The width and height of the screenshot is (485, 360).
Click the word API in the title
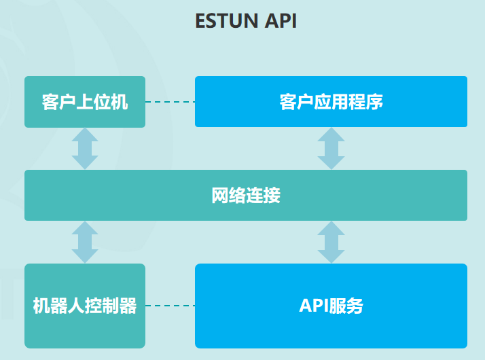pyautogui.click(x=281, y=20)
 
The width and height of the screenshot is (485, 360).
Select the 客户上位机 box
pyautogui.click(x=85, y=102)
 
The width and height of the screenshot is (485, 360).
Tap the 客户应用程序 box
pyautogui.click(x=331, y=102)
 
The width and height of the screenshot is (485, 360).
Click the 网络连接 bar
pyautogui.click(x=246, y=196)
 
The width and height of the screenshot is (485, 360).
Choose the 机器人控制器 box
pyautogui.click(x=85, y=306)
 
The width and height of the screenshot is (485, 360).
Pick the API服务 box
pyautogui.click(x=331, y=306)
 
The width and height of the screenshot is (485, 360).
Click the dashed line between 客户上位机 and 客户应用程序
pyautogui.click(x=170, y=103)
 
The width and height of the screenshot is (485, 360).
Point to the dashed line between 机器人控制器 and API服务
pyautogui.click(x=170, y=306)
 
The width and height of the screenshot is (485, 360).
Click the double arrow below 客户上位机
pyautogui.click(x=85, y=149)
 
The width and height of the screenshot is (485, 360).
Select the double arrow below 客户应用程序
pyautogui.click(x=331, y=149)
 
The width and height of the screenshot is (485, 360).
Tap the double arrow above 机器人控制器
pyautogui.click(x=85, y=242)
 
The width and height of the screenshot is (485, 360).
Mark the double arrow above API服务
pyautogui.click(x=331, y=242)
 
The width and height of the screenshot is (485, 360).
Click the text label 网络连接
pyautogui.click(x=246, y=196)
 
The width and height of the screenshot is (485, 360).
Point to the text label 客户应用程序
pyautogui.click(x=331, y=103)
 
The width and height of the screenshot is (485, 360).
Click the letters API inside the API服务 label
pyautogui.click(x=314, y=306)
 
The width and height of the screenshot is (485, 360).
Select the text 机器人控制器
pyautogui.click(x=85, y=306)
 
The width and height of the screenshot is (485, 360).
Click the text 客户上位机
pyautogui.click(x=85, y=103)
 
